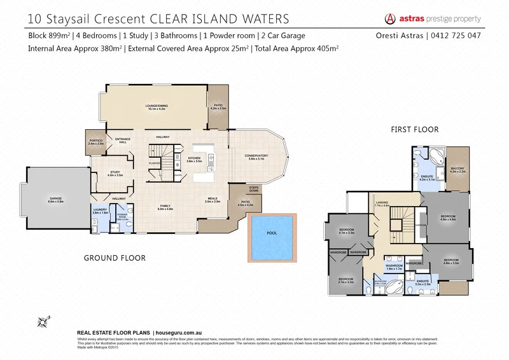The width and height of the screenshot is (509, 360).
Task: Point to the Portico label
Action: pos(95,144)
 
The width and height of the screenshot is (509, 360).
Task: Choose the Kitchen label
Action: pos(194,160)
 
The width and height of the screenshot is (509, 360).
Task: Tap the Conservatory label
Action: pos(256,157)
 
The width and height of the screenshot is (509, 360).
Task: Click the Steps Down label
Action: pos(254,189)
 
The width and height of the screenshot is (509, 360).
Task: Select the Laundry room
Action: pos(100,211)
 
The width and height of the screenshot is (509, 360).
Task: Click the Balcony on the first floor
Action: pos(458,170)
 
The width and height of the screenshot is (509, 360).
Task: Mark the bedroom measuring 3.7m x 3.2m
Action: pos(346,280)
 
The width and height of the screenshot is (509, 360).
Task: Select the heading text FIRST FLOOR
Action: pos(415,129)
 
